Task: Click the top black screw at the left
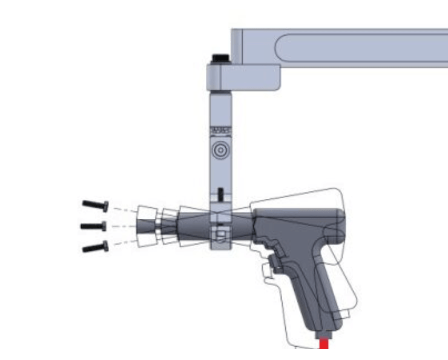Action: pos(96,206)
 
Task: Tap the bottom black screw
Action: pos(96,247)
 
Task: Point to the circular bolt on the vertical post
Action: pos(220,150)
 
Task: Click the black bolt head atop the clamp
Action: pos(220,59)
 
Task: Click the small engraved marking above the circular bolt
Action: pos(220,131)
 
